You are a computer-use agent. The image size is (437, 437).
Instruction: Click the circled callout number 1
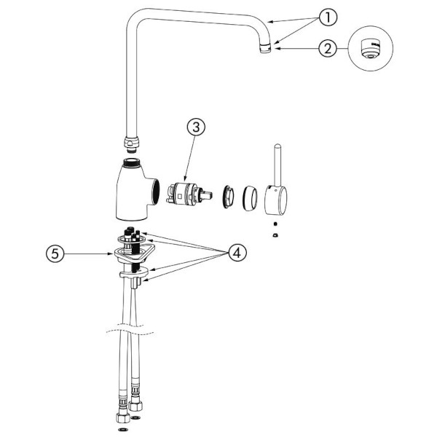coord(328,17)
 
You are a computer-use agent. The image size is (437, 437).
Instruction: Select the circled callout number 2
coord(328,49)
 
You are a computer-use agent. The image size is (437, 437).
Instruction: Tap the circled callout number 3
coord(196,127)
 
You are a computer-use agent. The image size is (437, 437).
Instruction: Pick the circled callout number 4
coord(237,253)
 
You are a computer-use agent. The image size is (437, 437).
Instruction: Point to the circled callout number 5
coord(55,253)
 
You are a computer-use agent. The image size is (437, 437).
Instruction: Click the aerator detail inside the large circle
coord(369,49)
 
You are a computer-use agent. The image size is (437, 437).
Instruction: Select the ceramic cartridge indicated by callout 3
coord(189,194)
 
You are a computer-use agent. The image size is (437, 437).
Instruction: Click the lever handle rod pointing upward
coord(277,165)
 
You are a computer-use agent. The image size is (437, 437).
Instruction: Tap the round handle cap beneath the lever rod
coord(275,200)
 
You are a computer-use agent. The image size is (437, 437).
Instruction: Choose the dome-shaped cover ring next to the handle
coord(250,198)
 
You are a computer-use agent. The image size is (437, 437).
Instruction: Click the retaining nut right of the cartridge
coord(228,196)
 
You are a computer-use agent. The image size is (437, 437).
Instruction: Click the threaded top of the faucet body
coord(133,162)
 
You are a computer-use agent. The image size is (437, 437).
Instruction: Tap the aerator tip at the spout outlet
coord(265,49)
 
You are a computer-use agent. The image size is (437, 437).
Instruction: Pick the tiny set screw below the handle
coord(275,224)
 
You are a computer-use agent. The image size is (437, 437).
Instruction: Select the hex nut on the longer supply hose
coord(123,418)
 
